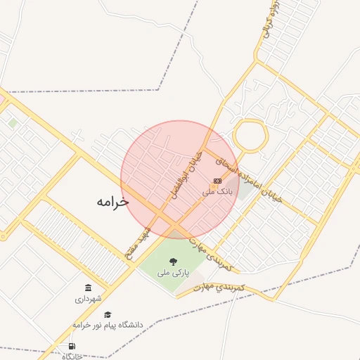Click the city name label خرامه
click(112, 201)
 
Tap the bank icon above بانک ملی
click(217, 181)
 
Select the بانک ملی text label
click(217, 191)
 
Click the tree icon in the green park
click(173, 262)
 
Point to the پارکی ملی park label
click(173, 272)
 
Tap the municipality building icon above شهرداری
click(88, 288)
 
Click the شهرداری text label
click(88, 299)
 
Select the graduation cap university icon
click(108, 314)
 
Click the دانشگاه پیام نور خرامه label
click(108, 325)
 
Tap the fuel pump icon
click(72, 346)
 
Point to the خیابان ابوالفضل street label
click(187, 173)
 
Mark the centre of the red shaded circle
click(180, 179)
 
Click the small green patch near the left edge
click(13, 122)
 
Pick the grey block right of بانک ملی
click(245, 191)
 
